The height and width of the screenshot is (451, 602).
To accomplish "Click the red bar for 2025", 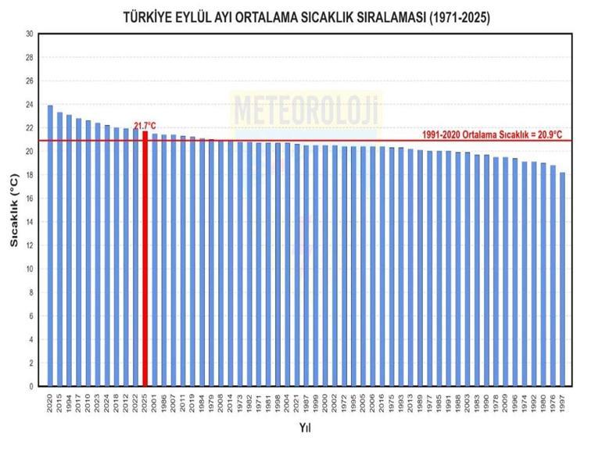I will (x=145, y=258).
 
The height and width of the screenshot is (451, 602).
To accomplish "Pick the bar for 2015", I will (x=59, y=250).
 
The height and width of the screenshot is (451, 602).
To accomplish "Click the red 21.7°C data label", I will (x=145, y=125).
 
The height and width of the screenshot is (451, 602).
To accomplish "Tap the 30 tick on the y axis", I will (x=30, y=34).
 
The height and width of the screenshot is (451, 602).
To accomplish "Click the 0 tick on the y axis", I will (x=31, y=386).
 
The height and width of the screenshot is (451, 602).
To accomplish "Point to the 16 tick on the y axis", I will (x=30, y=199).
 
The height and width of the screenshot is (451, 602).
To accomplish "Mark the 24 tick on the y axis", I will (x=30, y=105).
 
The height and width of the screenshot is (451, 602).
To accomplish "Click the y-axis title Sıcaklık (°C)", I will (x=13, y=210).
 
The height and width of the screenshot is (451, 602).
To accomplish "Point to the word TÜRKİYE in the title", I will (x=149, y=17).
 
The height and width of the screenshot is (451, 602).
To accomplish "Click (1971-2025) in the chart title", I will (x=452, y=17).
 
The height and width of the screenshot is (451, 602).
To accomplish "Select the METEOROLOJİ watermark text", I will (x=305, y=108).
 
